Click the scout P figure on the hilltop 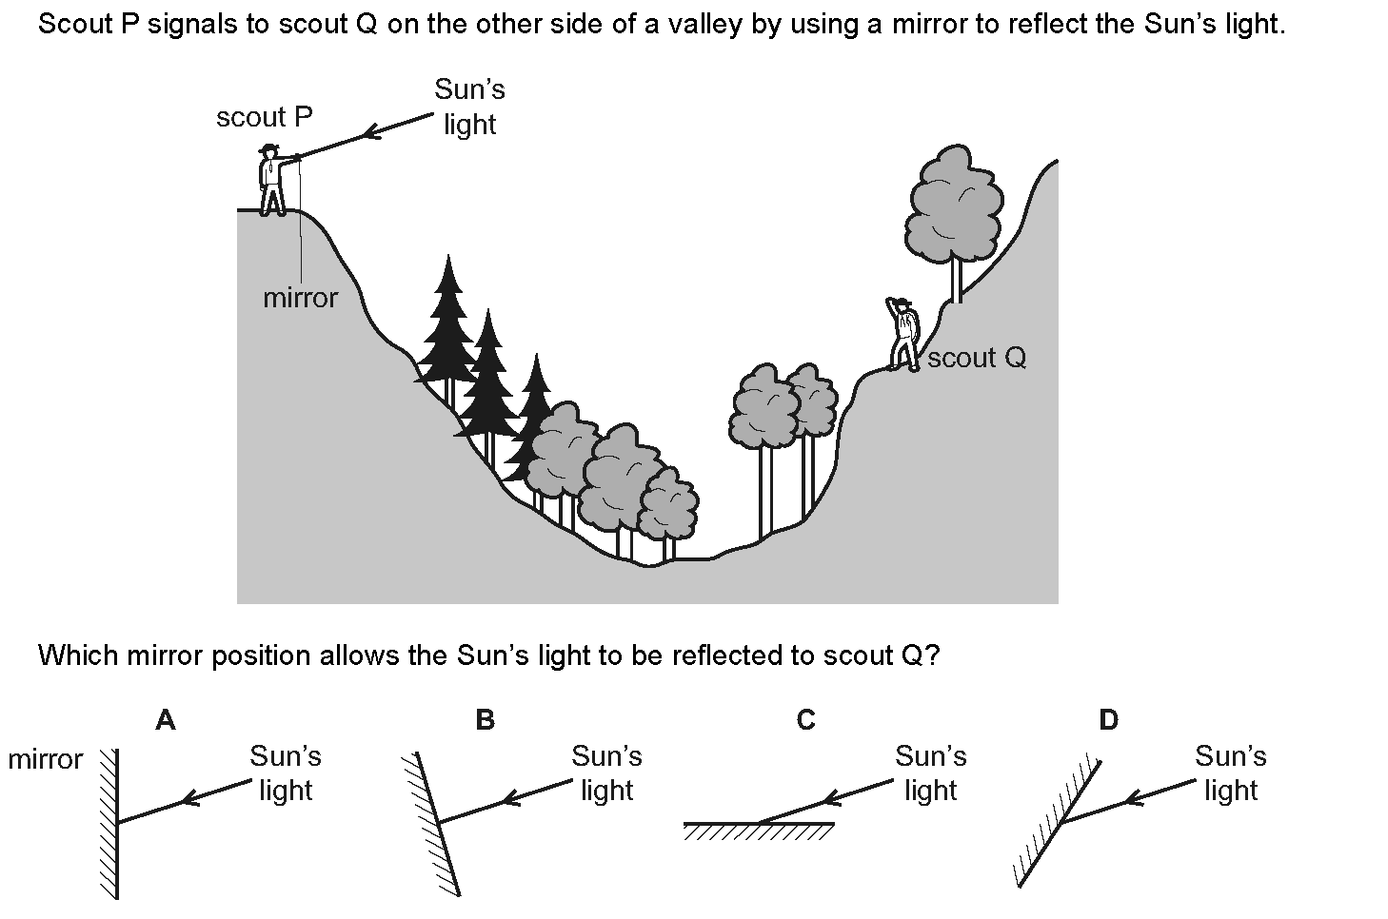pos(272,181)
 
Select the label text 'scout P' pos(264,118)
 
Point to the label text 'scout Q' pos(977,359)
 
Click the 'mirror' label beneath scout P pos(300,299)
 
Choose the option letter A pos(166,721)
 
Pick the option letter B pos(485,721)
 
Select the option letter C pos(805,721)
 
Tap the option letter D pos(1108,721)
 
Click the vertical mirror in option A pos(114,824)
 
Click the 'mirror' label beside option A pos(45,760)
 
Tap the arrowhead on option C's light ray pos(832,799)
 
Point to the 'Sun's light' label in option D pos(1230,772)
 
